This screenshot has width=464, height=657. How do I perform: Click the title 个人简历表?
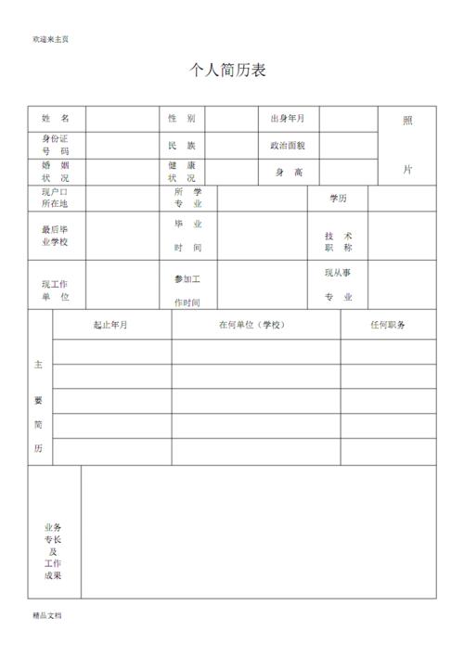click(227, 71)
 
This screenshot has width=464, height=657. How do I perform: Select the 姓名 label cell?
click(56, 120)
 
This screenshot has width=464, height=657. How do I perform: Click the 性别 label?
click(181, 119)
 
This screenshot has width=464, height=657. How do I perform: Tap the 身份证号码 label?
click(56, 145)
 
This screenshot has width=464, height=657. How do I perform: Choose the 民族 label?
click(181, 146)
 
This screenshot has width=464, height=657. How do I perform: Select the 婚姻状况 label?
click(56, 172)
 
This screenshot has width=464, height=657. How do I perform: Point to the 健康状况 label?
click(181, 172)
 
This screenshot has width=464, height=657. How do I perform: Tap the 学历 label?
click(338, 199)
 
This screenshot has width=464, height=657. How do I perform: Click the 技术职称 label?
click(338, 242)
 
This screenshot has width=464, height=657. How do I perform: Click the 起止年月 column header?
click(110, 325)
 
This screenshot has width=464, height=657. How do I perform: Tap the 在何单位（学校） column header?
click(255, 325)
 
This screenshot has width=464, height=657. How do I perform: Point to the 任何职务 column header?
click(388, 325)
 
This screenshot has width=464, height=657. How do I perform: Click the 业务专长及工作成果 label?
click(53, 551)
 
